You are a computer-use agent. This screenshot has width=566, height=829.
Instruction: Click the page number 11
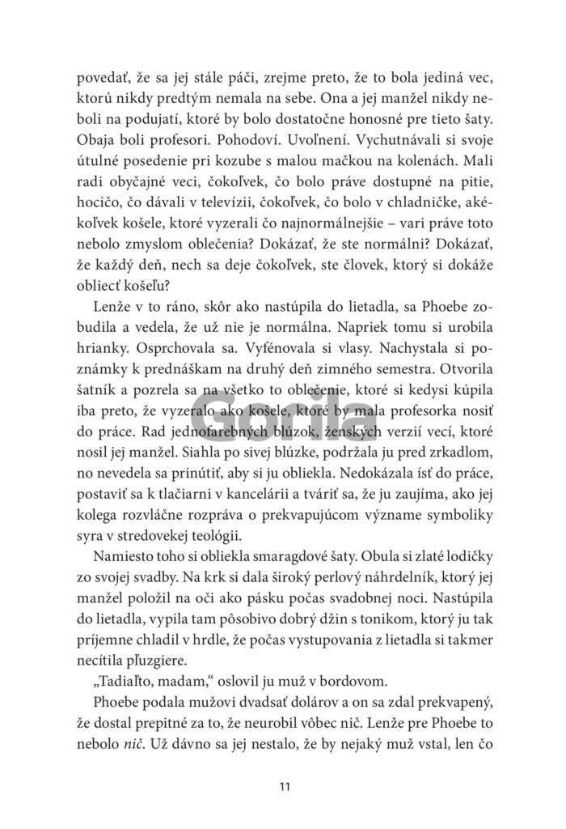[282, 784]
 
